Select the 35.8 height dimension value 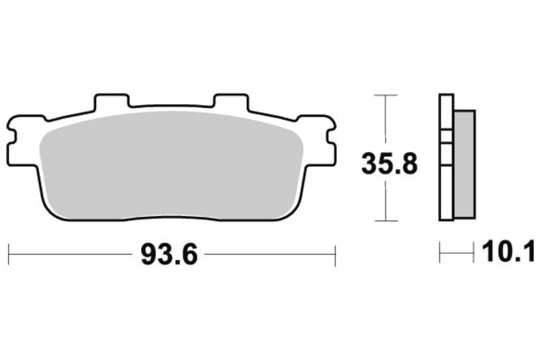pos(389,163)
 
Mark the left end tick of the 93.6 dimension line pos(9,255)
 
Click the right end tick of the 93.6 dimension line pos(335,255)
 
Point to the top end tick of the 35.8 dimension pos(385,95)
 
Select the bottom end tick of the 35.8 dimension pos(385,221)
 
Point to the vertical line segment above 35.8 pos(385,122)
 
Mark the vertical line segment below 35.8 pos(385,199)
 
